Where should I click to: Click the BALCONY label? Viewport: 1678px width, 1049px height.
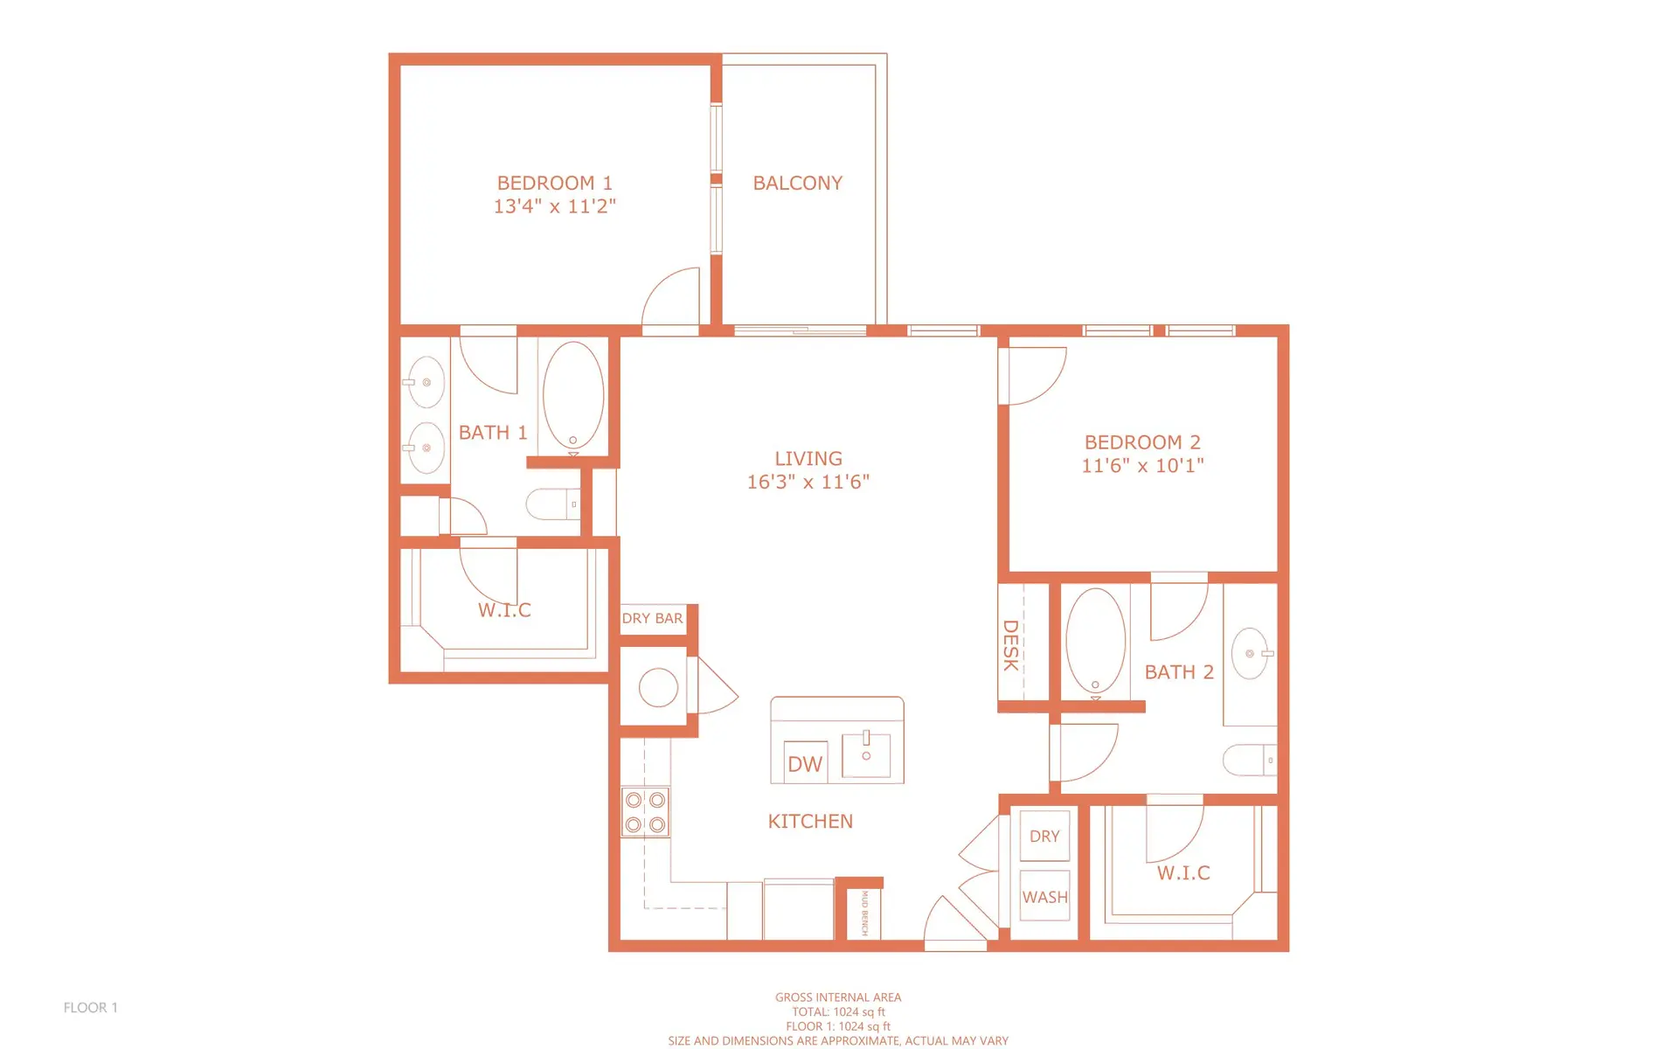[797, 184]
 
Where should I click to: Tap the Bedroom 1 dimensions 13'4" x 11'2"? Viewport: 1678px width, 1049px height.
[554, 206]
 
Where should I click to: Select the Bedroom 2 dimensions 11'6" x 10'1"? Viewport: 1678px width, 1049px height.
[1142, 466]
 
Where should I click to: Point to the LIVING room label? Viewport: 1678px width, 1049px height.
[808, 459]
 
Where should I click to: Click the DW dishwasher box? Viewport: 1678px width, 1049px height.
[805, 764]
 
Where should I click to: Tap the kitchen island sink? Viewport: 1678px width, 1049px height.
[866, 754]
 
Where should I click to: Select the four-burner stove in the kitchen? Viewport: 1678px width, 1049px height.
[645, 812]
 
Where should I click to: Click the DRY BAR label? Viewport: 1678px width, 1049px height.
[652, 618]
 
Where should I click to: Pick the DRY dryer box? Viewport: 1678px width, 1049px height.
[1044, 837]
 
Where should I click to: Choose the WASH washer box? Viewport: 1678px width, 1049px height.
[1044, 897]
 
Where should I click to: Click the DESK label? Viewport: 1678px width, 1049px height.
[1010, 645]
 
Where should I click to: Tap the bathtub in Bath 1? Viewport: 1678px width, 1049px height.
[573, 396]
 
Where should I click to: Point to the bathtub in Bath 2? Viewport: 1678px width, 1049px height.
[1095, 641]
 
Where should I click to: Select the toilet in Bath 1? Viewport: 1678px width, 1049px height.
[552, 504]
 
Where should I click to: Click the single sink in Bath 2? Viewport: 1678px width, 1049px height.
[1251, 653]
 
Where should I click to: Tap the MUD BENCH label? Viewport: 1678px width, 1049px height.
[864, 913]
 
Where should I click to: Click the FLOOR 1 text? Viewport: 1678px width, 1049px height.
[90, 1008]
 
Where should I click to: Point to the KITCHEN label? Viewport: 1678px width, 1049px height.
[810, 822]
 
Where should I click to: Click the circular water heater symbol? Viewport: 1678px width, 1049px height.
[658, 687]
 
